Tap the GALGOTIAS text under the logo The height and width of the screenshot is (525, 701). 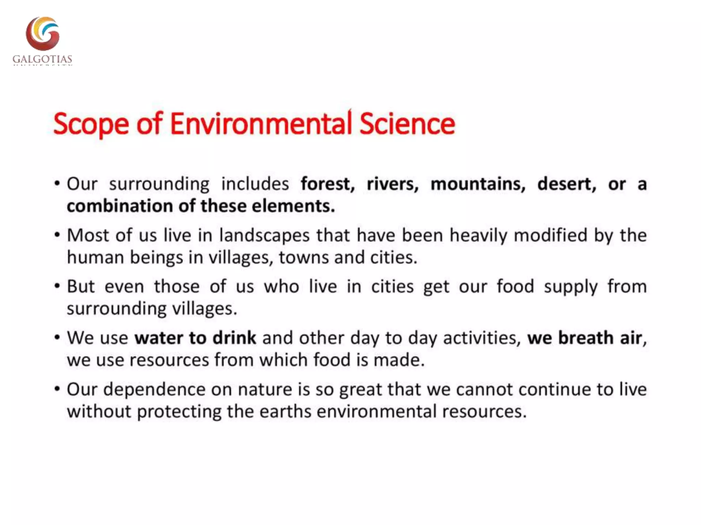click(42, 59)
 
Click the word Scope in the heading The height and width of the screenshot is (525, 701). click(91, 124)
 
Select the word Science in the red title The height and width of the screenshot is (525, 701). click(407, 123)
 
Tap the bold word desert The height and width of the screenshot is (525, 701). click(566, 184)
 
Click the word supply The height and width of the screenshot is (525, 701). click(571, 287)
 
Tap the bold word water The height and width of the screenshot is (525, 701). click(159, 338)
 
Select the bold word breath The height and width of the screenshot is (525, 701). click(586, 338)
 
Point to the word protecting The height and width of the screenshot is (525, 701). click(179, 412)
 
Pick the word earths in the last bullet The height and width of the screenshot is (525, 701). click(285, 411)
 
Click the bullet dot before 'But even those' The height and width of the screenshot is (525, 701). click(57, 286)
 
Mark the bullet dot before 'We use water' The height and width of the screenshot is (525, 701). click(57, 337)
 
